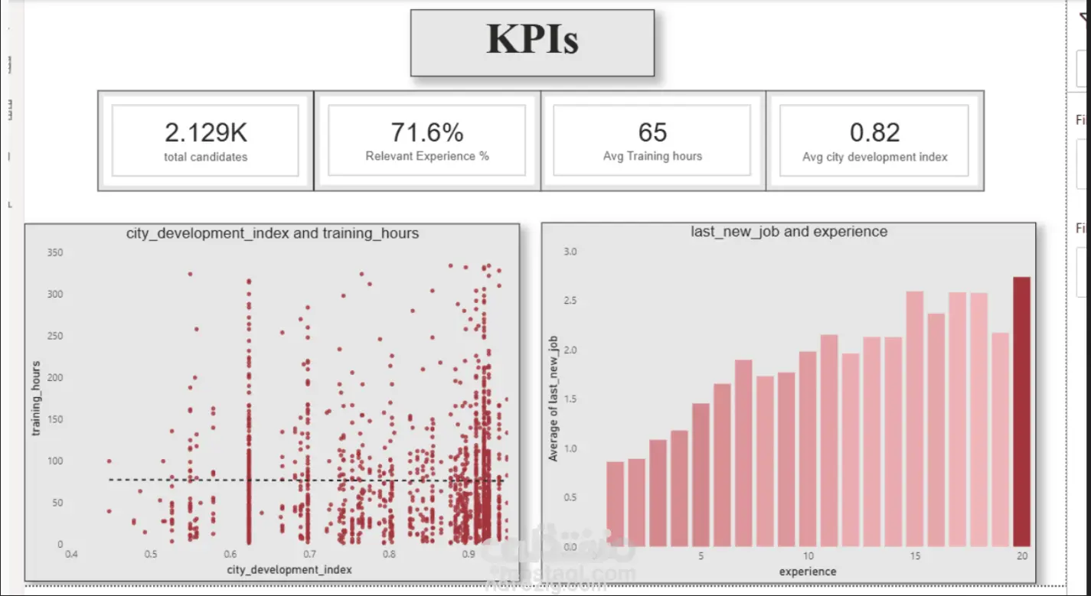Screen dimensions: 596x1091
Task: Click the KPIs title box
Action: click(x=532, y=42)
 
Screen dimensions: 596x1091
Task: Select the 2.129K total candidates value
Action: click(x=205, y=132)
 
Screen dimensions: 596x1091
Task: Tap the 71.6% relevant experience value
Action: click(x=427, y=132)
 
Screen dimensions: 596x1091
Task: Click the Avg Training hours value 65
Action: click(x=652, y=132)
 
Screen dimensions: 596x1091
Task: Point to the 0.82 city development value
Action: click(x=875, y=132)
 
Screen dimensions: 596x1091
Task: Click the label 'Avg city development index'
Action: click(x=875, y=157)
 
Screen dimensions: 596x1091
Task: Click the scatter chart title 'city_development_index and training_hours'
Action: click(x=273, y=233)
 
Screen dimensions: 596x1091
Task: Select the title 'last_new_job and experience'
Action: click(x=789, y=231)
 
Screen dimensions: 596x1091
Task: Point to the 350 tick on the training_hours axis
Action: click(x=55, y=252)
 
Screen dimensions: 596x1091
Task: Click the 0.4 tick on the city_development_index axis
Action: click(x=71, y=554)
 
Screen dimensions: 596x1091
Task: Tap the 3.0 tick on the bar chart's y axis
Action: click(x=570, y=252)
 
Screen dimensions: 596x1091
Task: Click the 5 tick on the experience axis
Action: click(x=701, y=556)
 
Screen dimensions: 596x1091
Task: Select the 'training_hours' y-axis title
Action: click(x=36, y=399)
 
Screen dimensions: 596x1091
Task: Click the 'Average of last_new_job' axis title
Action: click(x=554, y=399)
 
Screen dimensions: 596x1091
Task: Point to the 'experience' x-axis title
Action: click(x=808, y=572)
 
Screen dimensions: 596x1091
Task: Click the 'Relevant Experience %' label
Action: click(x=427, y=156)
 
